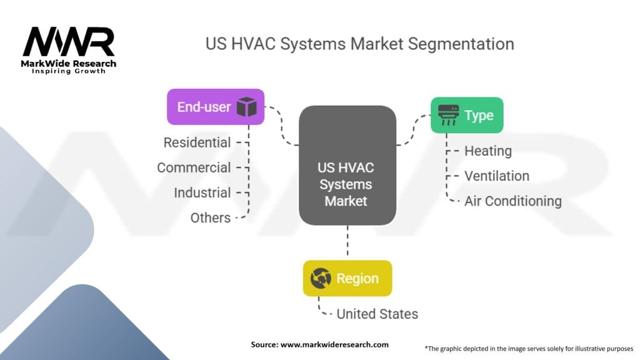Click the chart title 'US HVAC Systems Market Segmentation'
pos(359,44)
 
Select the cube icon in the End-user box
pos(246,107)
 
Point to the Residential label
pos(197,142)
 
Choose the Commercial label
pos(194,167)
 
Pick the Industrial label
pos(202,192)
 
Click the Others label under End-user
pos(211,217)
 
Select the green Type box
pos(466,115)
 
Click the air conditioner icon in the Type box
pos(448,115)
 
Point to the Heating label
pos(488,151)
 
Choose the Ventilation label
pos(497,176)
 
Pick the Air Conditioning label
pos(512,201)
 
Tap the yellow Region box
pos(347,278)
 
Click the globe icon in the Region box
pos(321,279)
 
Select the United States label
pos(377,314)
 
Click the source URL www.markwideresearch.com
pos(334,344)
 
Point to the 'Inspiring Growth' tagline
pos(69,71)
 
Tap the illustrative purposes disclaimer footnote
pos(529,348)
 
